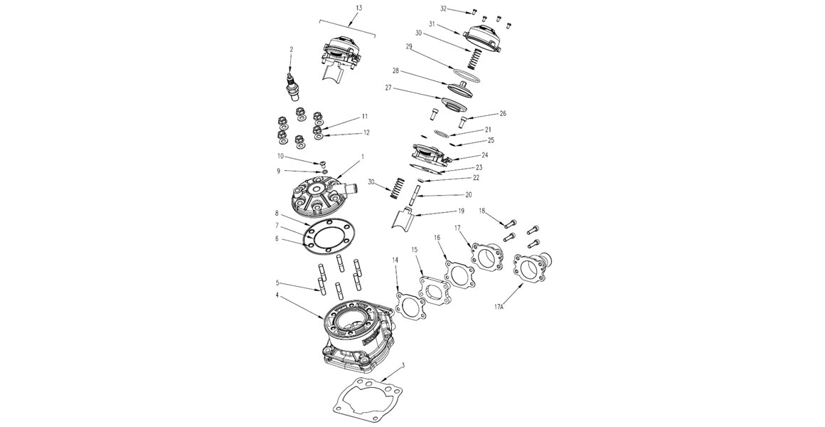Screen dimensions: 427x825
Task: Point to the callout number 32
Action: point(444,9)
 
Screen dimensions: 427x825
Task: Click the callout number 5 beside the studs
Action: point(278,283)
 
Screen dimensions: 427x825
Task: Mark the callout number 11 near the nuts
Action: point(364,115)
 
